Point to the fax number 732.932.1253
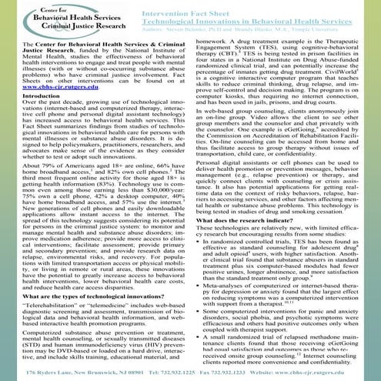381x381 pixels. click(222, 372)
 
